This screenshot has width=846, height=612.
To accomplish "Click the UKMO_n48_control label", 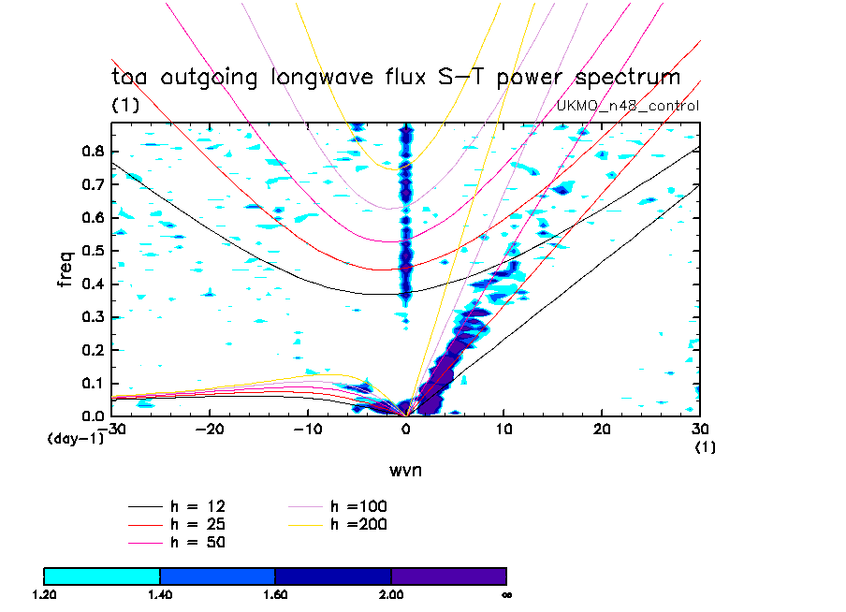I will click(628, 106).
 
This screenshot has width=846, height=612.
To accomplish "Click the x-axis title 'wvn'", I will click(405, 469).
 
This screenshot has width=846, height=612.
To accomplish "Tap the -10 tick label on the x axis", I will click(306, 430).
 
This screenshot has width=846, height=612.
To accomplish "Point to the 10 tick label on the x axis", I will click(504, 430).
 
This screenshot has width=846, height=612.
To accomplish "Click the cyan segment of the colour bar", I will click(102, 575).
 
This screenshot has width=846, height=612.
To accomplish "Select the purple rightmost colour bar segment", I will click(448, 575).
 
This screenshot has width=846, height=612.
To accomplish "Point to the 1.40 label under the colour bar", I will click(160, 594).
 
